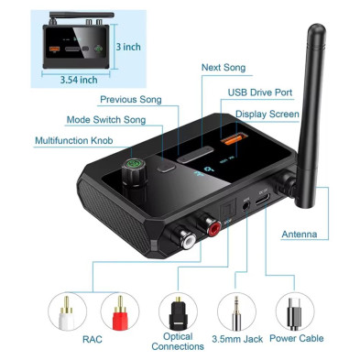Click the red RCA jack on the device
(x=213, y=226)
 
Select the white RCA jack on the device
(x=188, y=239)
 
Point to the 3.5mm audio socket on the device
(x=246, y=205)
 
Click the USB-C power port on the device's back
(x=263, y=200)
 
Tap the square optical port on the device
(x=227, y=212)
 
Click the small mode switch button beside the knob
(x=166, y=167)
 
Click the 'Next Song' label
(x=224, y=68)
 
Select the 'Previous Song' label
(x=131, y=100)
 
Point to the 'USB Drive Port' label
(x=260, y=93)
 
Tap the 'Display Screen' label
(x=267, y=115)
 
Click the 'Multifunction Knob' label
(x=74, y=140)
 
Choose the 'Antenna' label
(x=300, y=235)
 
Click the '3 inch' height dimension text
(x=128, y=47)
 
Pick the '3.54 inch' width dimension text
(x=79, y=80)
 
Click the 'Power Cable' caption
(x=296, y=338)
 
